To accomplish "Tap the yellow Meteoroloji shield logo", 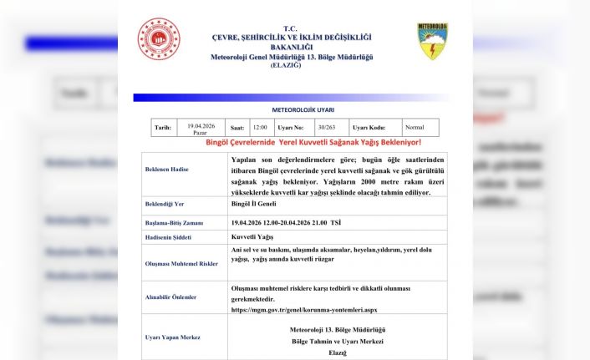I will tap(432, 42).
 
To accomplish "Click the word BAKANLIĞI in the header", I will tap(292, 48).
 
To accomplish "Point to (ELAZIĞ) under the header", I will tap(292, 66).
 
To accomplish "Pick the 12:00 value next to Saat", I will tap(260, 128).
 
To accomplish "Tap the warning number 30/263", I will tap(327, 128).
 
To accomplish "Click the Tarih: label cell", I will tap(163, 128).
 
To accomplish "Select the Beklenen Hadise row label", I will tap(167, 169).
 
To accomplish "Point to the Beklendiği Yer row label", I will tap(165, 203).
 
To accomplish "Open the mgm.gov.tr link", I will tap(303, 309).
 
